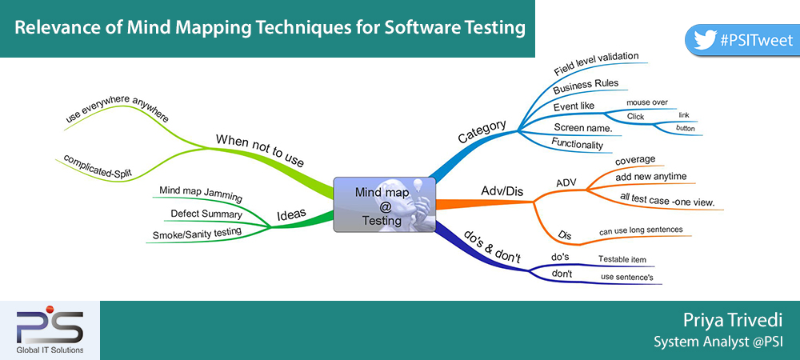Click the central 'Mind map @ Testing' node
point(384,205)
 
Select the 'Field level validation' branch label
point(597,63)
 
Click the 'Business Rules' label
point(586,86)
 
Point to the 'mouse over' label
point(647,102)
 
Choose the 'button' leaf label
point(686,128)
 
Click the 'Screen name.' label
point(583,128)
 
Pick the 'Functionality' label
point(577,143)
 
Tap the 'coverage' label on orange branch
point(635,160)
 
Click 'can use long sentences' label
point(641,231)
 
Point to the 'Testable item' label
point(622,259)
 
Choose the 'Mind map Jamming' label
point(201,194)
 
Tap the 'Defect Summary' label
point(206,214)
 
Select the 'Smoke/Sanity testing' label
point(197,233)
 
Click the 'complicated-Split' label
point(98,166)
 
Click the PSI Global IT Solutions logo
point(50,330)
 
